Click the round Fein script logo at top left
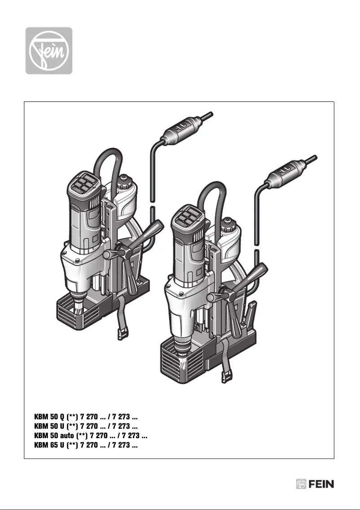pos(48,50)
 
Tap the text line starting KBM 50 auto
pos(91,435)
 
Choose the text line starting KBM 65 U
pos(86,445)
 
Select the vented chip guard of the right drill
pos(171,359)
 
